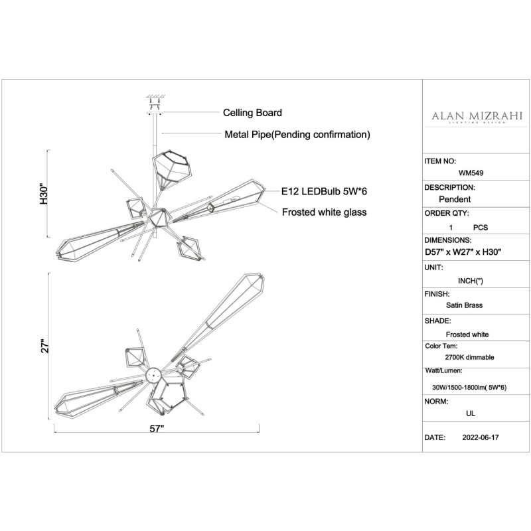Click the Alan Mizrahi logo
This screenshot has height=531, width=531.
click(x=477, y=117)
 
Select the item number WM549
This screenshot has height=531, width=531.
click(x=471, y=173)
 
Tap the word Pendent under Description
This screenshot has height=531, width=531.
click(x=455, y=199)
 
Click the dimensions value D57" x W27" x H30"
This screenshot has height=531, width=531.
click(x=463, y=252)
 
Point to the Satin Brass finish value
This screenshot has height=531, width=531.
click(x=464, y=305)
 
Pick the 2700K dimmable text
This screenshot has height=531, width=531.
click(x=469, y=357)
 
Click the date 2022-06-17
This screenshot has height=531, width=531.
click(x=481, y=437)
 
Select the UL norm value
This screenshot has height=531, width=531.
click(x=471, y=414)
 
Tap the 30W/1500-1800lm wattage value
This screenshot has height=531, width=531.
click(x=469, y=388)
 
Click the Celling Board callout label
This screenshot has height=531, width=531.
click(x=252, y=113)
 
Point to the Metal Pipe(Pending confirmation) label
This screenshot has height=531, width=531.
click(x=297, y=135)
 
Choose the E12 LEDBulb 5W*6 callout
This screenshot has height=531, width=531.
click(x=324, y=191)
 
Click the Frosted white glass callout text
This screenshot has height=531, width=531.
click(x=324, y=212)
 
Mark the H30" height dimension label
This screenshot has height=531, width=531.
click(x=44, y=194)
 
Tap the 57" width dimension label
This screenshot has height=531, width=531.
click(x=157, y=429)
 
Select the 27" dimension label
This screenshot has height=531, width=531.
click(x=45, y=346)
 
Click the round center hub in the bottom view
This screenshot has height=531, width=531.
click(x=153, y=375)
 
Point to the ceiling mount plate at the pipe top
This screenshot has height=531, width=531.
click(x=155, y=113)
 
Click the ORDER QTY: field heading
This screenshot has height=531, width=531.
click(x=446, y=214)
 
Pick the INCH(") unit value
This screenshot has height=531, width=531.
click(x=471, y=281)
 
